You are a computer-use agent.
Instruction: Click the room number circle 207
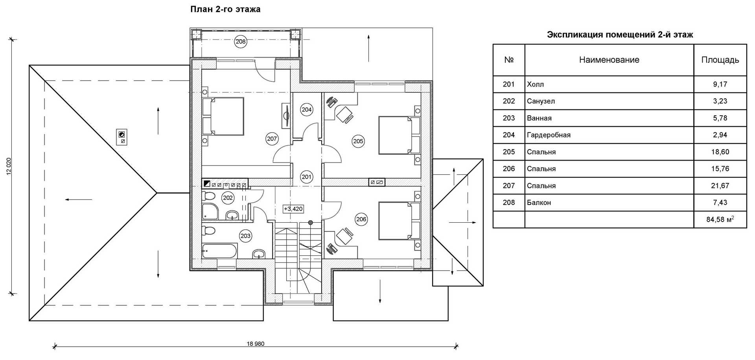coord(272,138)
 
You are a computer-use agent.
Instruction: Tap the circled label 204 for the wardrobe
coord(307,110)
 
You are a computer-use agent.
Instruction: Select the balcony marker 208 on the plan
coord(240,41)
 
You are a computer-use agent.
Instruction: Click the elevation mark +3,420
coord(293,209)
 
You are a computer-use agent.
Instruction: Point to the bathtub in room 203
coord(219,251)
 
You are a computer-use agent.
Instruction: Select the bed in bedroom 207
coord(223,116)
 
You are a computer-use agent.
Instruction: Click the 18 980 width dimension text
coord(256,343)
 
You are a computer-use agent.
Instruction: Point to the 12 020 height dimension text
coord(9,166)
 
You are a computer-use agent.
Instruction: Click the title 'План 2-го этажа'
coord(225,9)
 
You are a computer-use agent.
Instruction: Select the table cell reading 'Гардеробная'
coord(549,135)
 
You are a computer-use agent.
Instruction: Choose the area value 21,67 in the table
coord(720,186)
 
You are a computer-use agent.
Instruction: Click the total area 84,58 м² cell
coord(720,219)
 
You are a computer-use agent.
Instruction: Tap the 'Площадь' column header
coord(720,60)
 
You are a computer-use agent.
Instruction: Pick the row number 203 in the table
coord(509,118)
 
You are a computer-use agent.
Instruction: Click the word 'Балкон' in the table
coord(539,203)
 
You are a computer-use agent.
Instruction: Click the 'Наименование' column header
coord(609,60)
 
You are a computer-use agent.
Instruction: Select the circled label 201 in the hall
coord(307,177)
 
